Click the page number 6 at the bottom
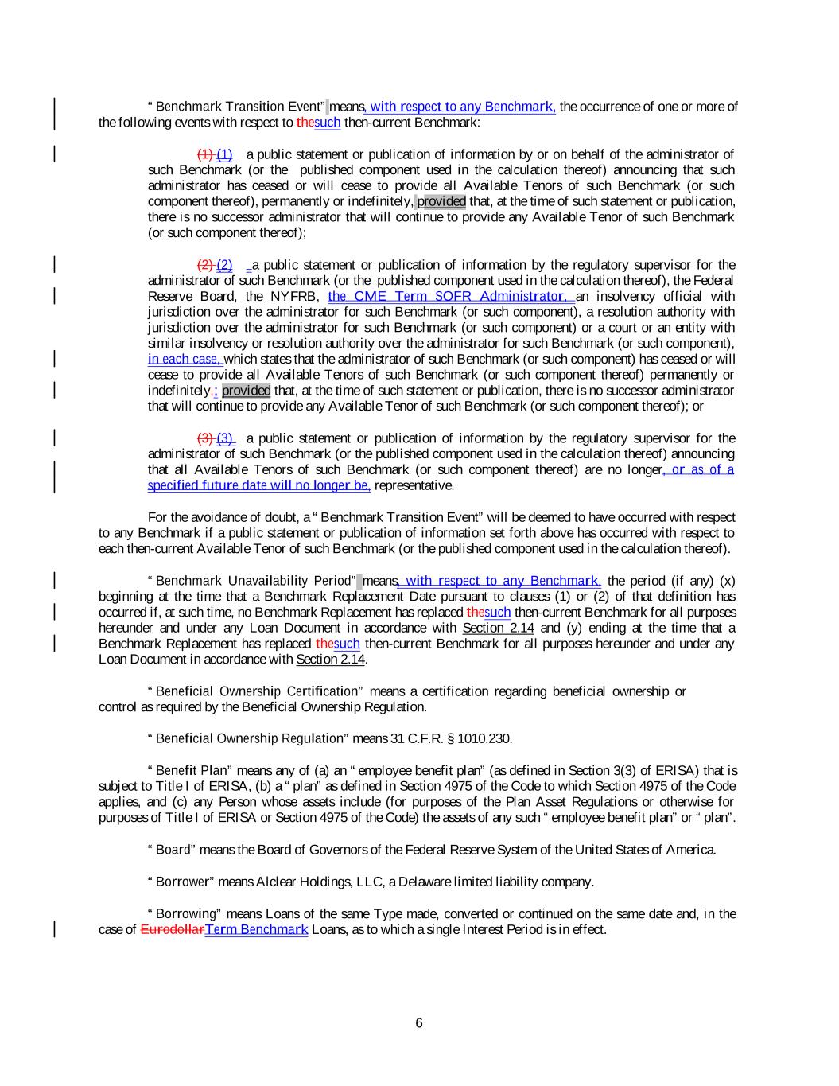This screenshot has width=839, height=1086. point(419,1023)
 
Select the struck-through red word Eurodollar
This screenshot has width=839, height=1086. point(172,929)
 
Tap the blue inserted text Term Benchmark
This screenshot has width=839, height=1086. point(256,929)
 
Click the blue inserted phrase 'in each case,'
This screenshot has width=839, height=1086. point(185,359)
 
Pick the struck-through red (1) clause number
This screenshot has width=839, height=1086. point(205,154)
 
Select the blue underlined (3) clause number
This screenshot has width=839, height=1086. point(226,438)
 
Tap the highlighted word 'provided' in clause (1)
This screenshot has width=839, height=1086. point(441,201)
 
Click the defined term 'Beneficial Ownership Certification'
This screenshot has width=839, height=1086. point(258,691)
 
